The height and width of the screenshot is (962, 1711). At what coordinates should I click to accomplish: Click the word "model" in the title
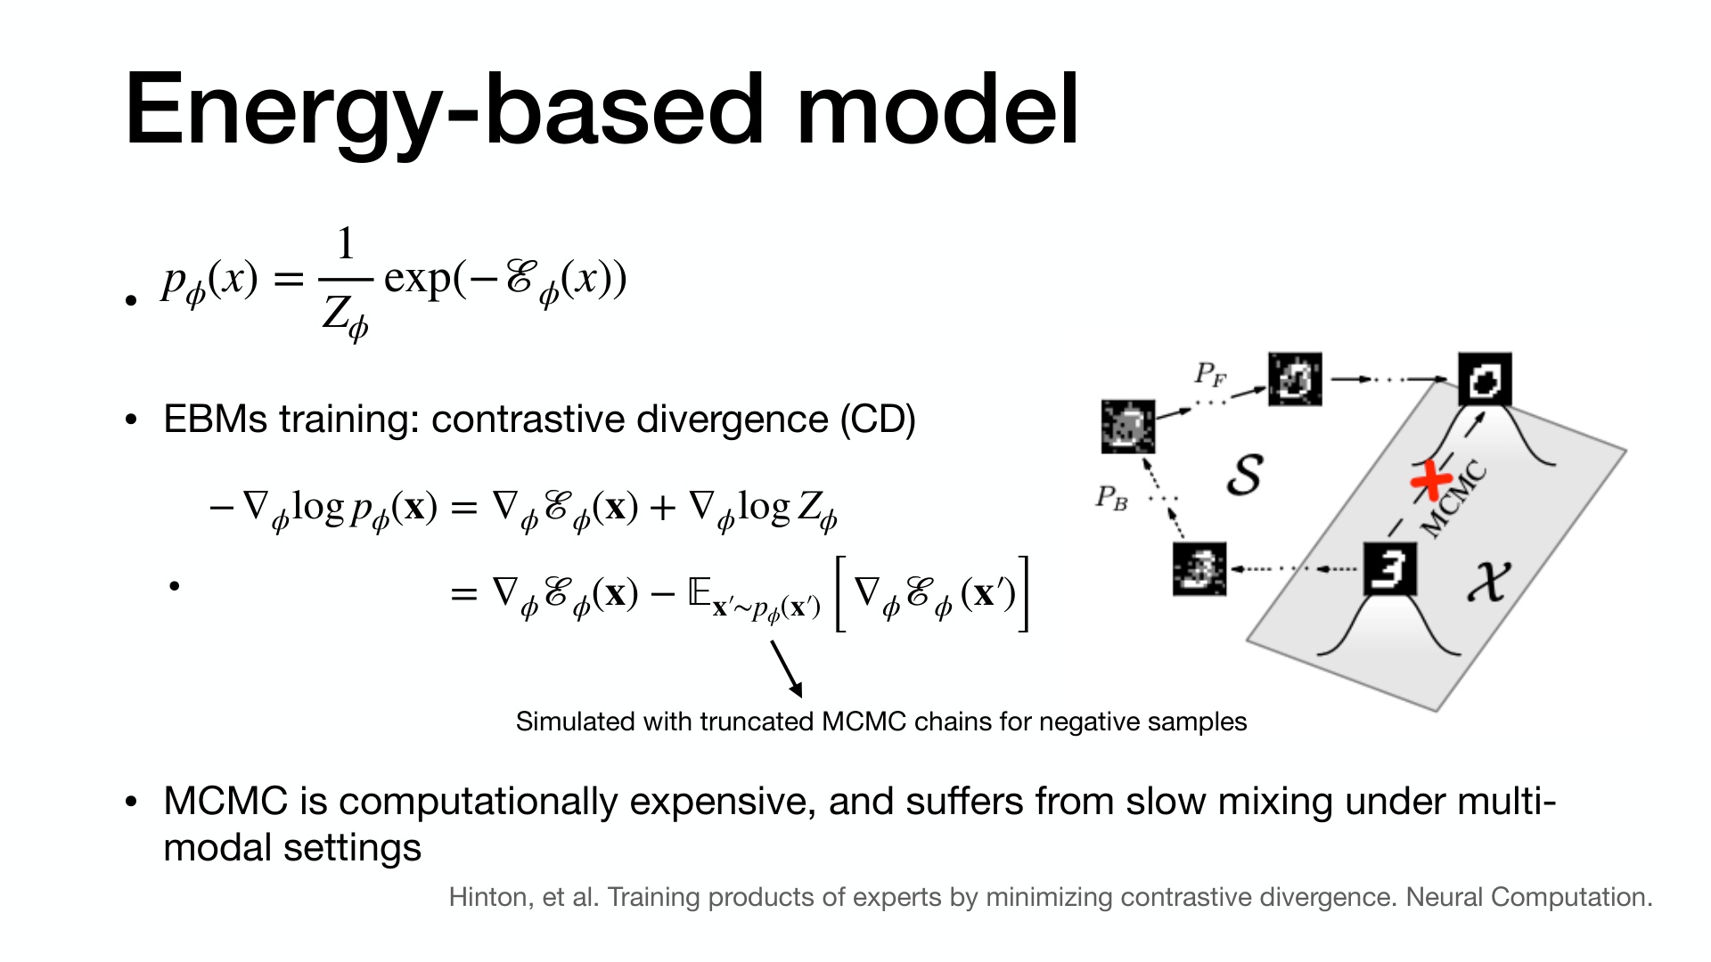coord(937,110)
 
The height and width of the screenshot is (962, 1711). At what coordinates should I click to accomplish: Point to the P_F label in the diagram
coord(1210,374)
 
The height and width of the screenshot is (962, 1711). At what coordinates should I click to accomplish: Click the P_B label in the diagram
coord(1111,497)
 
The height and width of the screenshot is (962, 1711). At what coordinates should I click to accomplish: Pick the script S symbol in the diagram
coord(1245,475)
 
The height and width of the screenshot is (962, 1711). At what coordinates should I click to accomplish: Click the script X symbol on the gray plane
coord(1489,582)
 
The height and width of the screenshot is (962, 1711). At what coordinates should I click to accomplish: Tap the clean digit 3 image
coord(1389,568)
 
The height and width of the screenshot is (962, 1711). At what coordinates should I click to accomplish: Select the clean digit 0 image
coord(1485,379)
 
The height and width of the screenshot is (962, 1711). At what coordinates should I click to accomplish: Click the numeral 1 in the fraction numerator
coord(345,243)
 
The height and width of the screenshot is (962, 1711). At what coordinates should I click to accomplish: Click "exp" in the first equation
coord(417,280)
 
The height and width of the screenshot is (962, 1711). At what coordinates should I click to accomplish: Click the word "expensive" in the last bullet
coord(723,803)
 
